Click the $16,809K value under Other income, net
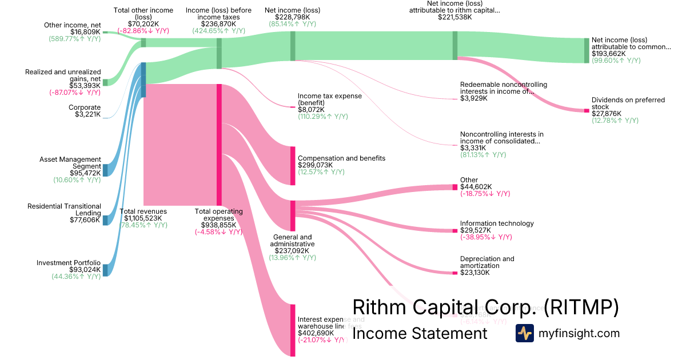click(85, 32)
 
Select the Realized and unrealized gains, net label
click(63, 75)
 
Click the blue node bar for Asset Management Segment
click(105, 170)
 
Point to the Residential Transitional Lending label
click(64, 209)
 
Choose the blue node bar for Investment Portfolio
click(105, 269)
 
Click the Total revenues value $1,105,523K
click(143, 218)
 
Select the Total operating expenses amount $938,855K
click(218, 225)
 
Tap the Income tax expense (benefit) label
click(329, 99)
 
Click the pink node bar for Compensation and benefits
click(293, 166)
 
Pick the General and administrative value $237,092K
click(292, 250)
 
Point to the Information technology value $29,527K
click(476, 230)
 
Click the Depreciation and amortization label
click(487, 262)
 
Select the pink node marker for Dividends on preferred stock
click(586, 110)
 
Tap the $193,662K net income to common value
click(608, 54)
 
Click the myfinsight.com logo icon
click(524, 333)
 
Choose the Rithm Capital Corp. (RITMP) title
click(485, 307)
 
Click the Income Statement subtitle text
click(420, 333)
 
